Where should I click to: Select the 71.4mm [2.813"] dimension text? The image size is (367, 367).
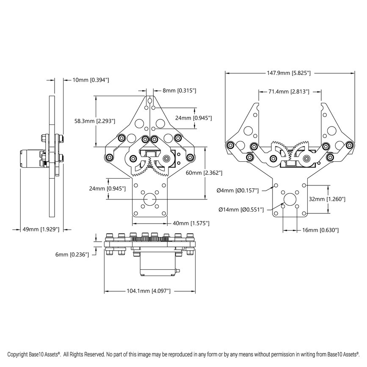[289, 91]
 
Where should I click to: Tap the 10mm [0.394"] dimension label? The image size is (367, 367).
[91, 80]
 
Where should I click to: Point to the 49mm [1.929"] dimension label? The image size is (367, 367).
[41, 229]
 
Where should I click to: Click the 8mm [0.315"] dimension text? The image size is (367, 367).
[179, 91]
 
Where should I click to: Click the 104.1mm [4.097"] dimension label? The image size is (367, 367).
[149, 291]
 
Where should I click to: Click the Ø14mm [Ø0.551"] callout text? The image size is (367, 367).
[241, 209]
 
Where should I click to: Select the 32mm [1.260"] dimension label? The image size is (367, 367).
[328, 199]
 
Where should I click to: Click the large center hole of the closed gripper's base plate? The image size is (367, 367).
[149, 199]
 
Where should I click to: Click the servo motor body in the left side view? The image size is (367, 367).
[30, 159]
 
